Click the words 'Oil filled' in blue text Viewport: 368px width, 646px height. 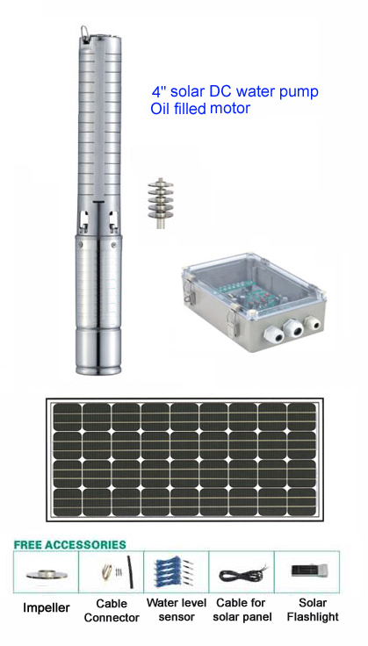178,108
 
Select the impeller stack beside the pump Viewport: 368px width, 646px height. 161,203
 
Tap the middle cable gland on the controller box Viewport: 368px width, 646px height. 294,329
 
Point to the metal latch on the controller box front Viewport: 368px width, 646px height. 235,320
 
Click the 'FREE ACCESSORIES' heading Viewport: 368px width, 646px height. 69,545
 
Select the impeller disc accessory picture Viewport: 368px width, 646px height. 47,574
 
